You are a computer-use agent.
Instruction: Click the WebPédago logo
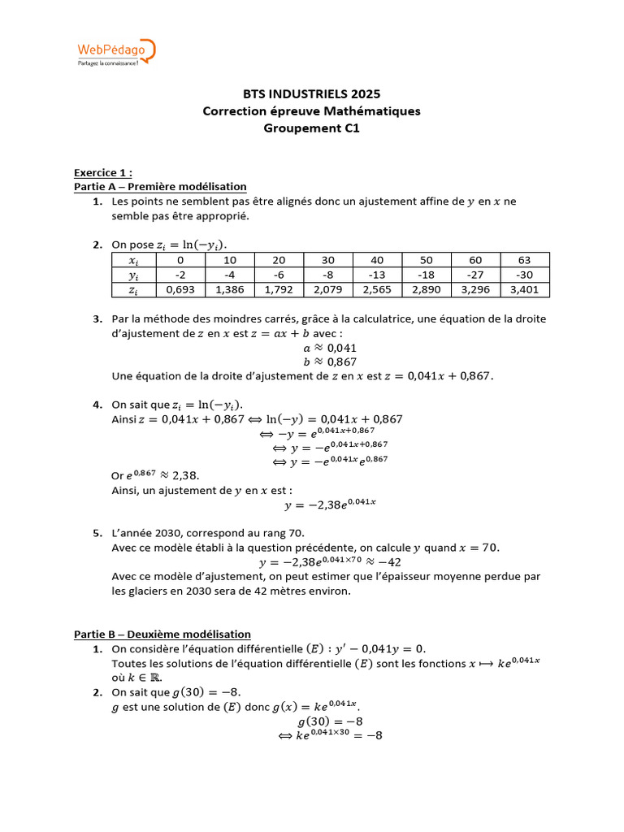115,53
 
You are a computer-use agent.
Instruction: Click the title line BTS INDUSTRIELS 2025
312,94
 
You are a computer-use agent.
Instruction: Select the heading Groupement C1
312,128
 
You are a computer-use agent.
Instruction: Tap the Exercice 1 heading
102,172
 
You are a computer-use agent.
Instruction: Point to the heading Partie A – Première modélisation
160,186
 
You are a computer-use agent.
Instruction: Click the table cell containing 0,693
180,289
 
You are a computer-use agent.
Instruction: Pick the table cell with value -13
377,275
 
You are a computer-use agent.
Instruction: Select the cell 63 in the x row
524,260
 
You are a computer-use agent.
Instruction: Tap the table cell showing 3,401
524,289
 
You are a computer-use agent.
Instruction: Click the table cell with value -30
524,275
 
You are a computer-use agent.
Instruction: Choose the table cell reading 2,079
327,289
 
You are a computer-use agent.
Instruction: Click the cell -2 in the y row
180,275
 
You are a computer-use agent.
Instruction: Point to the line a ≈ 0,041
330,348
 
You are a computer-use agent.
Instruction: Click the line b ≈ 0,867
330,362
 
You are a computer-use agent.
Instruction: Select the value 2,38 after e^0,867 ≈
184,476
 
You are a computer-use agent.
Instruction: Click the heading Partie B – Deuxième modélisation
162,634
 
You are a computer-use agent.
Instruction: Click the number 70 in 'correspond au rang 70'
296,533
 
